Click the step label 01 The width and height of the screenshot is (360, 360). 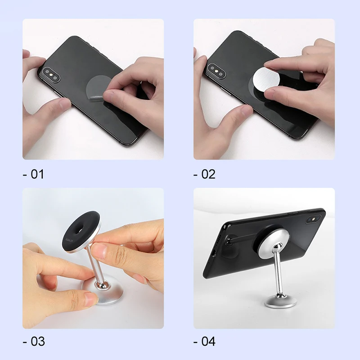[33, 174]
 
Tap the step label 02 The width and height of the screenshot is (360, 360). [205, 174]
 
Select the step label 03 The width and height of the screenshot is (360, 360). [34, 341]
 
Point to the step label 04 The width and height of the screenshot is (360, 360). [205, 341]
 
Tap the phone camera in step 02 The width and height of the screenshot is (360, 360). [216, 70]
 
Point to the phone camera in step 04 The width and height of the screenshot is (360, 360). [310, 220]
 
